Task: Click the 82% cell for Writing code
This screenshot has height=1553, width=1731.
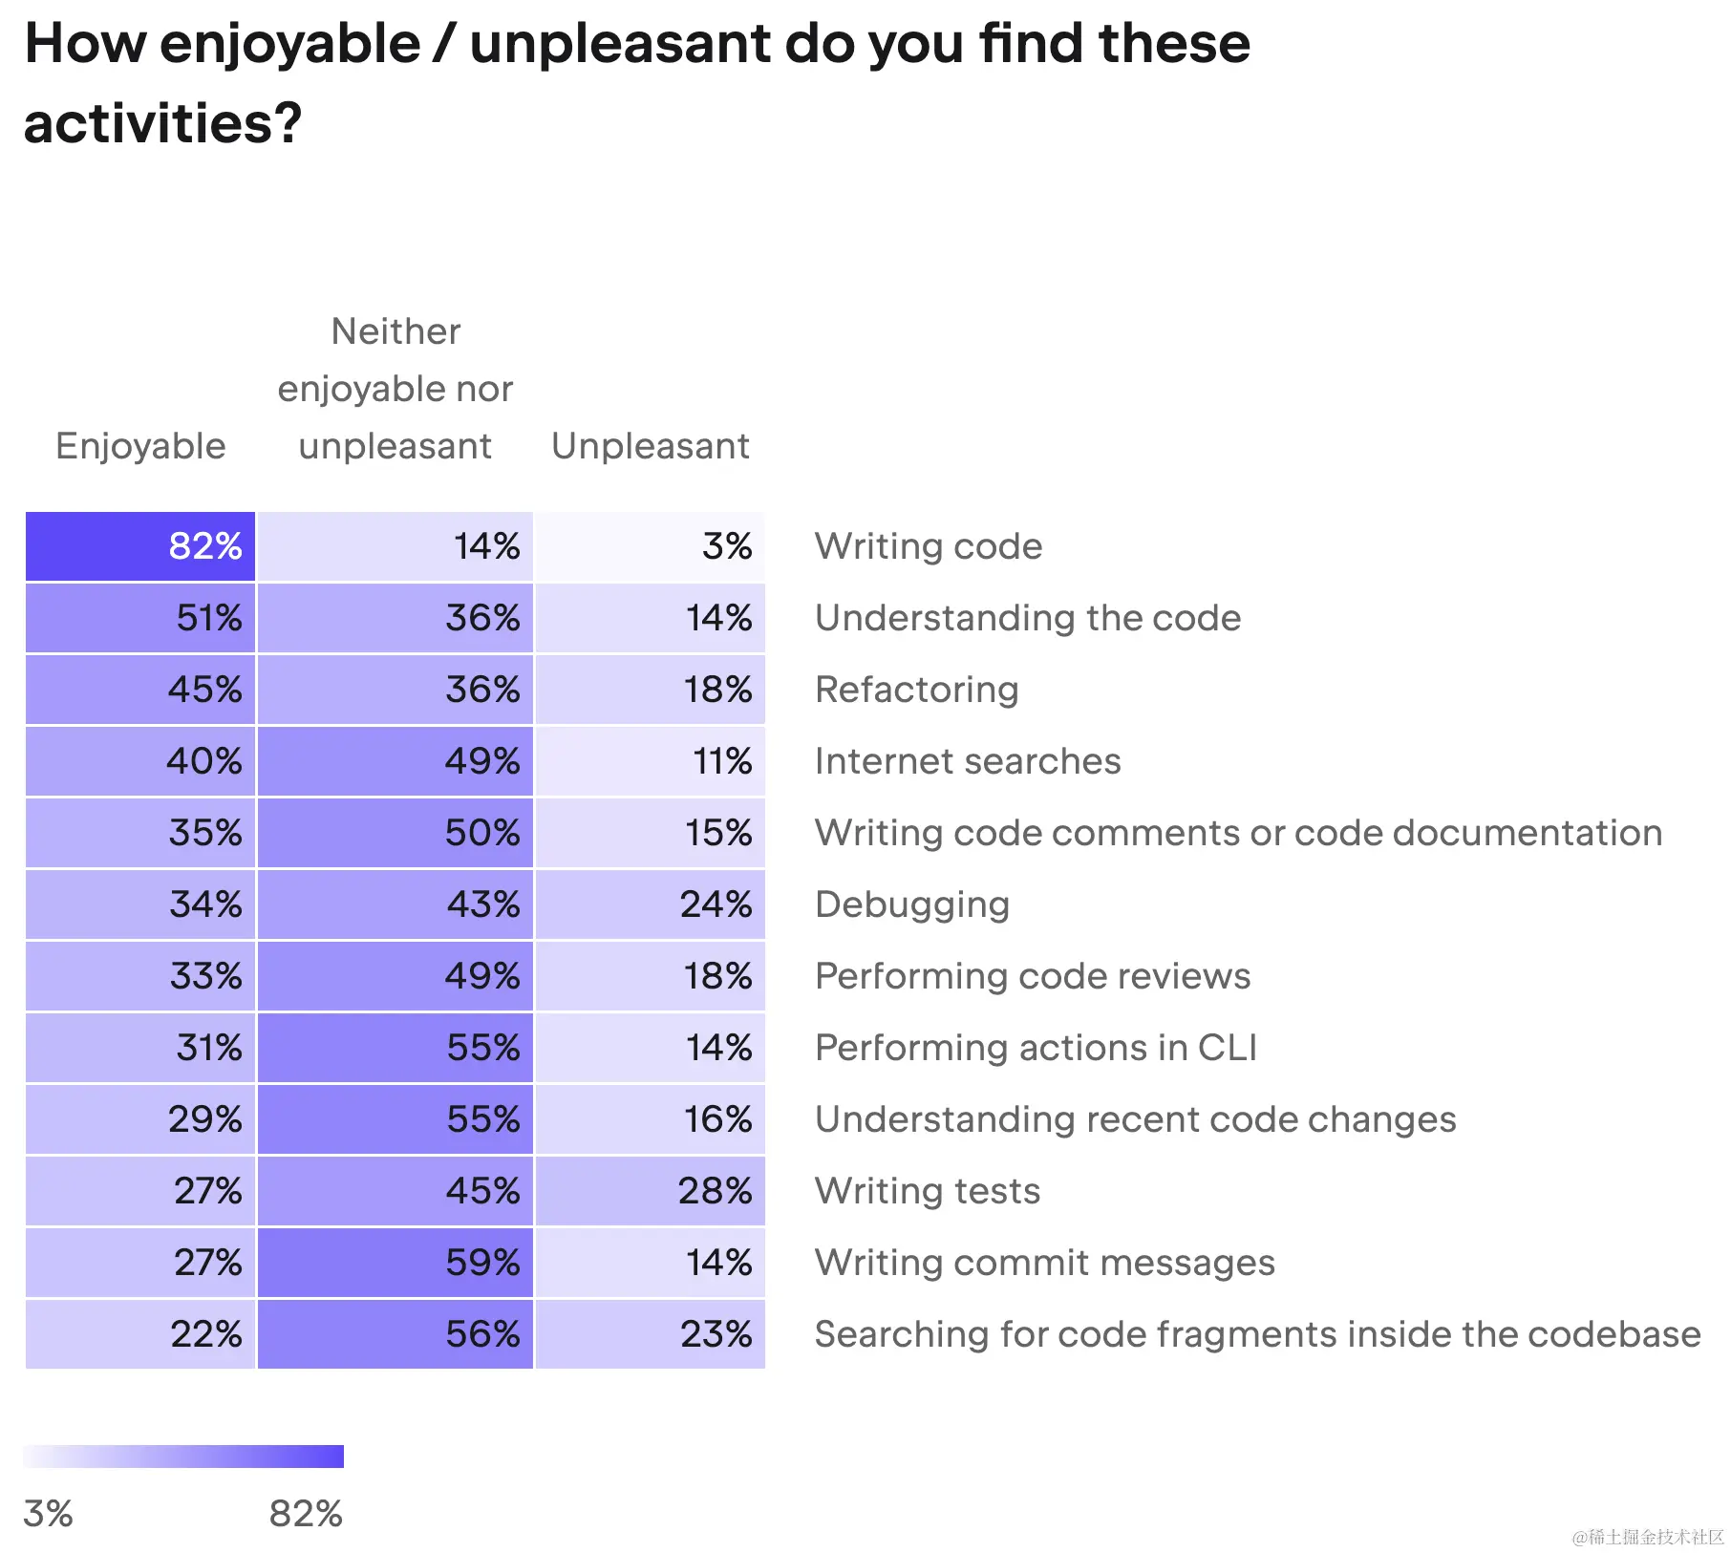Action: (x=140, y=546)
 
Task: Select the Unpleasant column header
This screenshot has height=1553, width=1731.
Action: (x=650, y=446)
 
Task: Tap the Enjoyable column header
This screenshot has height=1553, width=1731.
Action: (x=140, y=446)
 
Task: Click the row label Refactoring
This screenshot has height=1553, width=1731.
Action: (x=916, y=690)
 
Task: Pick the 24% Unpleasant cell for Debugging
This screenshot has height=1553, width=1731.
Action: (x=650, y=904)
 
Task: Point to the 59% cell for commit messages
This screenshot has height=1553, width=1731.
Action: (x=395, y=1263)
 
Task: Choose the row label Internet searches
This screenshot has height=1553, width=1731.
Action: (x=967, y=761)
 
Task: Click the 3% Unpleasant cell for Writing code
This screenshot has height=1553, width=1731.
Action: (x=650, y=546)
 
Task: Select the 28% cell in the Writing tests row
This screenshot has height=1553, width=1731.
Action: (x=650, y=1191)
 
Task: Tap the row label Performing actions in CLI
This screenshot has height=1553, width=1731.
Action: (x=1035, y=1048)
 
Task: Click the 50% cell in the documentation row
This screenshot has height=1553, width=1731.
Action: (x=395, y=833)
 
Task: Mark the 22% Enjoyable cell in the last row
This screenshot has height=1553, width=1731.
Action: (x=140, y=1334)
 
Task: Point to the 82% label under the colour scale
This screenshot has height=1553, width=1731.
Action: (x=305, y=1514)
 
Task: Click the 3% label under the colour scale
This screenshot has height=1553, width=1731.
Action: (x=48, y=1514)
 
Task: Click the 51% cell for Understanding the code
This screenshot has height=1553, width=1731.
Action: (x=140, y=618)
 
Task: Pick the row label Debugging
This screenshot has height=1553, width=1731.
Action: (x=911, y=904)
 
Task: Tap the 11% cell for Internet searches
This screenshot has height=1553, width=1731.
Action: (x=650, y=761)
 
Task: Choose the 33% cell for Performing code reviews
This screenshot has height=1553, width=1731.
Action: (x=140, y=976)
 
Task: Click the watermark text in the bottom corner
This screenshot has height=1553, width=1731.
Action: (x=1647, y=1537)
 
